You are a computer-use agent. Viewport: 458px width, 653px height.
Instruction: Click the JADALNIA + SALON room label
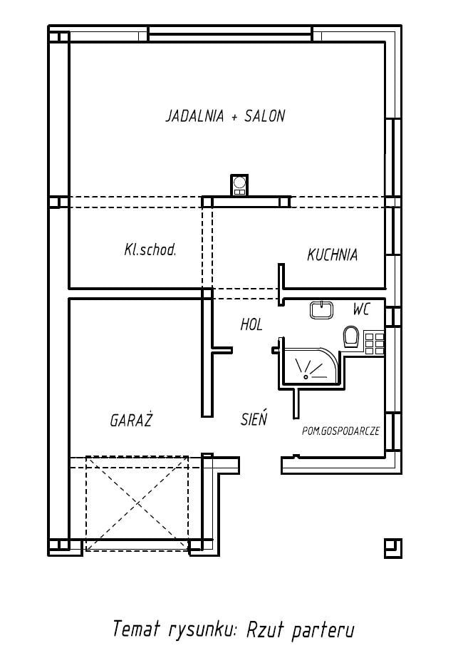(x=225, y=115)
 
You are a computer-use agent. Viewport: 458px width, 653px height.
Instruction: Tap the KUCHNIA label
(x=333, y=254)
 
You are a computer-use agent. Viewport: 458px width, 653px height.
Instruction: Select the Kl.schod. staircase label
(x=150, y=250)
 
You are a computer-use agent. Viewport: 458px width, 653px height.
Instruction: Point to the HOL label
(x=251, y=324)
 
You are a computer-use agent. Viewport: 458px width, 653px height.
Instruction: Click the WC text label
(x=361, y=309)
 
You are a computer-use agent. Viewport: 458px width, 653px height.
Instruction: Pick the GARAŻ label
(x=131, y=420)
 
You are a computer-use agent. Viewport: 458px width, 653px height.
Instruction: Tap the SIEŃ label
(x=254, y=418)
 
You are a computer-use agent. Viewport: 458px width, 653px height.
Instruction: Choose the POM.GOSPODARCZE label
(x=340, y=431)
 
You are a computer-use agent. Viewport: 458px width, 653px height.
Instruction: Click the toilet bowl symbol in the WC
(x=351, y=336)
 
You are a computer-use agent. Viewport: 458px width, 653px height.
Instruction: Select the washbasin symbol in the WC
(x=321, y=310)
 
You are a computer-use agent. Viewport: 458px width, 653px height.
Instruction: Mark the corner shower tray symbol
(x=311, y=366)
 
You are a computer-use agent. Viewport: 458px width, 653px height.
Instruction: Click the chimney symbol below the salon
(x=239, y=185)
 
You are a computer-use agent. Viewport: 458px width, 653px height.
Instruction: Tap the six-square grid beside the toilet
(x=374, y=342)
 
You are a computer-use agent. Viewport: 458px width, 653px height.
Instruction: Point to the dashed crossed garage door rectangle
(x=137, y=503)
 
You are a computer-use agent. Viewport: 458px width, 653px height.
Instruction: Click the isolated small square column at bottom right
(x=392, y=547)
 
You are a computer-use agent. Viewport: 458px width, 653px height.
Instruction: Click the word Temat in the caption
(x=137, y=629)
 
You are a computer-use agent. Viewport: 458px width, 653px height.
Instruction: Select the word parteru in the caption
(x=323, y=630)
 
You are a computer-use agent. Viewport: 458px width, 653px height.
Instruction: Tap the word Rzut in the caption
(x=266, y=629)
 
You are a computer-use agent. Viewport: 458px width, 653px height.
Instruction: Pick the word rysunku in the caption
(x=202, y=631)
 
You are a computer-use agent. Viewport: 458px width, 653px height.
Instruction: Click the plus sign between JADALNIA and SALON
(x=234, y=117)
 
